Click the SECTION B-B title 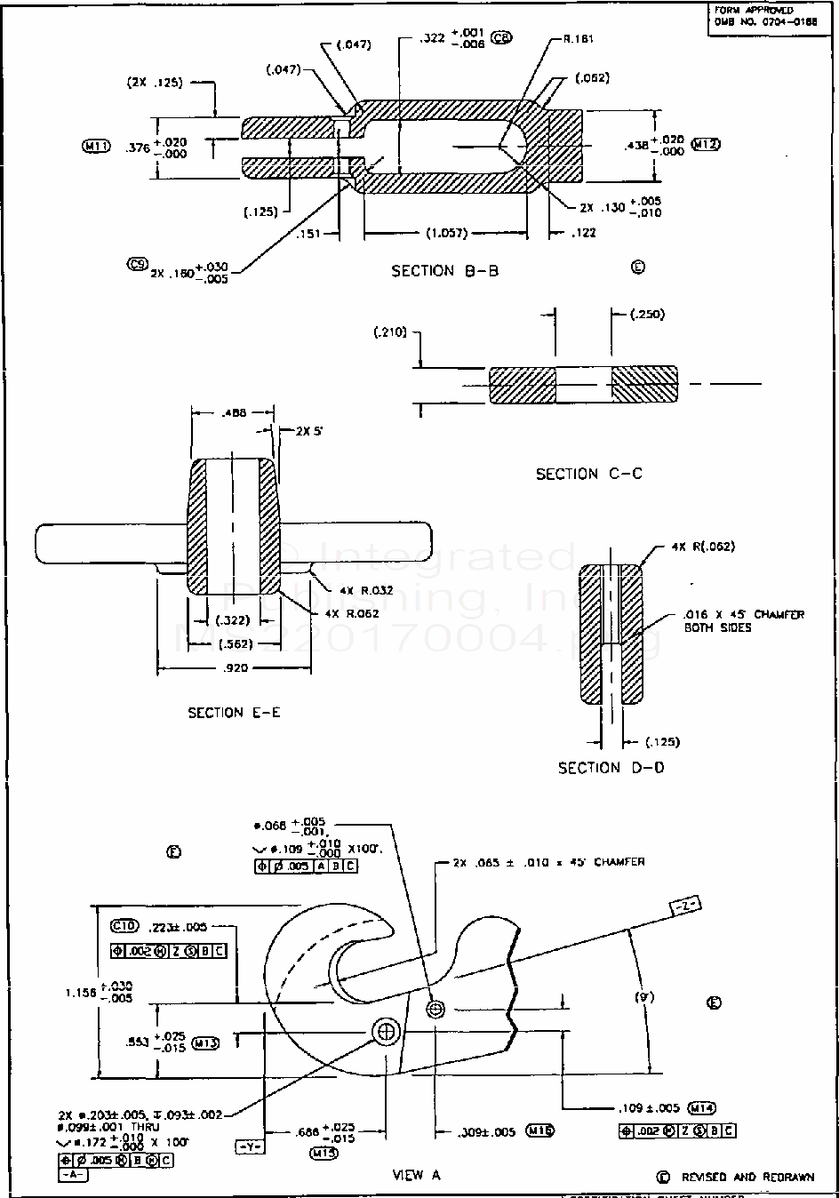pos(444,270)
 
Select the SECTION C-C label pos(588,474)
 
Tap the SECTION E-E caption pos(234,712)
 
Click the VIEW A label pos(416,1174)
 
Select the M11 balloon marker pos(96,147)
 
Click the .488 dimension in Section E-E pos(233,412)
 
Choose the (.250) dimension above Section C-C pos(646,315)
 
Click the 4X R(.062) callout pos(704,547)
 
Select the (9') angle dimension pos(644,997)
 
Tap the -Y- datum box pos(248,1146)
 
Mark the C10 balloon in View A pos(126,925)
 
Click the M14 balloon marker pos(702,1107)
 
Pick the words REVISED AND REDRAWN pos(747,1177)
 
